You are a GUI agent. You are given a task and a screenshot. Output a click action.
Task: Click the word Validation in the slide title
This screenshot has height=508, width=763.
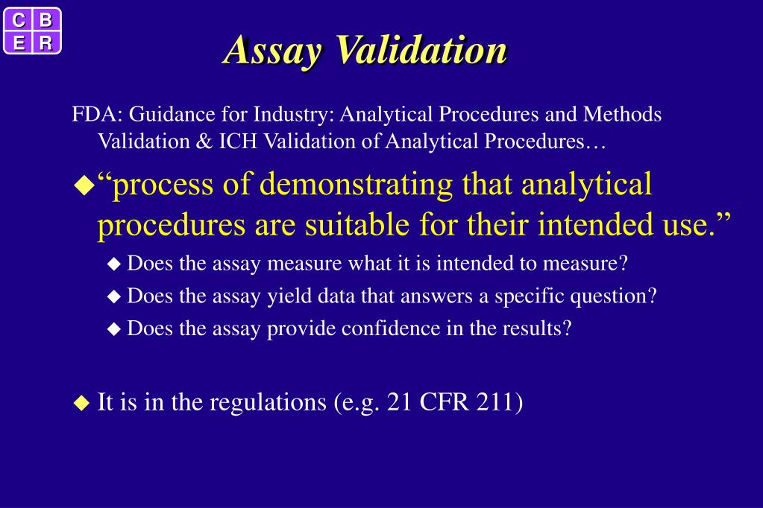421,51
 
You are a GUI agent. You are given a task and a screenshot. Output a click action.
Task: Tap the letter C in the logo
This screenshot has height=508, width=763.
19,19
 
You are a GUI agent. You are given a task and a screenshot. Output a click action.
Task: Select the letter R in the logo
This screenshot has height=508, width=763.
45,43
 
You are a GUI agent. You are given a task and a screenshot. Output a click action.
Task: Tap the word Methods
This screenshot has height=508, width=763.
622,115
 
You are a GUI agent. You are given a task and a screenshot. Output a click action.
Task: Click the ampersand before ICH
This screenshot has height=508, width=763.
204,142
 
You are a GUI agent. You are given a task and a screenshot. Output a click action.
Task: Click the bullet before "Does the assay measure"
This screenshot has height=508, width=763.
113,263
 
